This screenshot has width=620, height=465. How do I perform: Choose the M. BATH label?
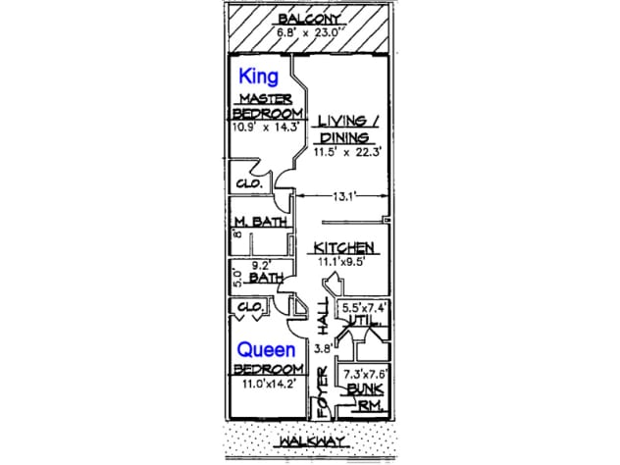pos(260,222)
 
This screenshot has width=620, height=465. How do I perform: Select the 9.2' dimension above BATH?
pos(261,264)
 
